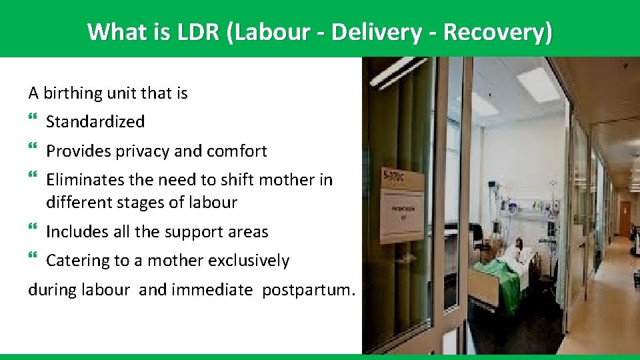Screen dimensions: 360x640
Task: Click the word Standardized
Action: (95, 122)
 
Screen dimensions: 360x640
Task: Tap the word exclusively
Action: (249, 261)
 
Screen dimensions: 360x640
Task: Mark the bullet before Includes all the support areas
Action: (34, 231)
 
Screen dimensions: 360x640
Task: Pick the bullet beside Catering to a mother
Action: (34, 260)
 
